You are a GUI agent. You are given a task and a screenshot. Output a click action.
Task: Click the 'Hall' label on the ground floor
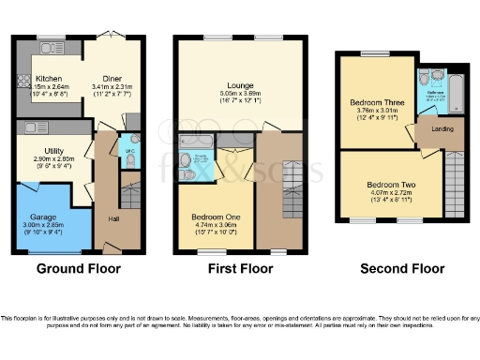coord(113,218)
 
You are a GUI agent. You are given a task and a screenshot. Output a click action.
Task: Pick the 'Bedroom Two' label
coord(385,185)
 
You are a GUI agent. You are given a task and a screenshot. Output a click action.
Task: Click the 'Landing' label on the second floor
coord(442,128)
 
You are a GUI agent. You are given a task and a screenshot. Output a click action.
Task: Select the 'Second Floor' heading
coord(402,269)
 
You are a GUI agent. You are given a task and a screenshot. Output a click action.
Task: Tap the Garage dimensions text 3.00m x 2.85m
coord(41,225)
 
